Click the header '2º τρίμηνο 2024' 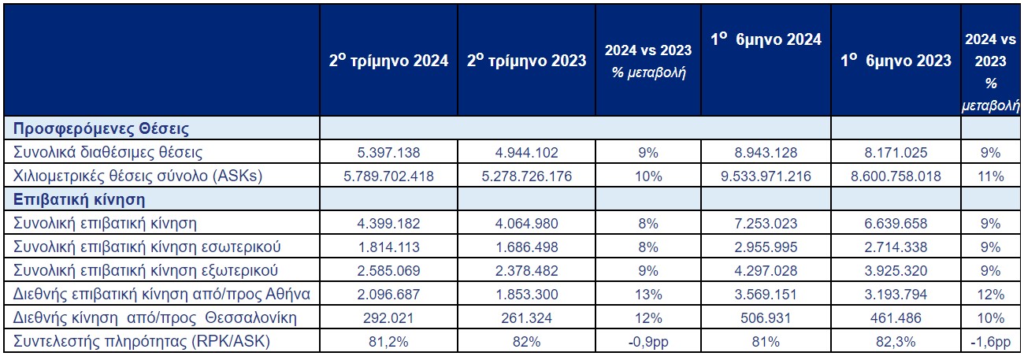[x=388, y=61]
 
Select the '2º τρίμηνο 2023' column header [x=526, y=61]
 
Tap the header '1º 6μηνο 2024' [x=764, y=39]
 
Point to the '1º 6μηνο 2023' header [x=896, y=61]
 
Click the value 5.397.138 [x=388, y=152]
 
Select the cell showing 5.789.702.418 [x=388, y=176]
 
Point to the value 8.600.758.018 [x=896, y=176]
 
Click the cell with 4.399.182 [x=388, y=224]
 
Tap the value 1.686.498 [x=526, y=247]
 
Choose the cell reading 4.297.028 [x=764, y=271]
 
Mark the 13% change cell [x=647, y=295]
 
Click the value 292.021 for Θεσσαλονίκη [x=388, y=318]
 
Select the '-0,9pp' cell [x=647, y=342]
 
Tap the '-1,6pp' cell [x=991, y=342]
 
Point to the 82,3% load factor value [x=896, y=342]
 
